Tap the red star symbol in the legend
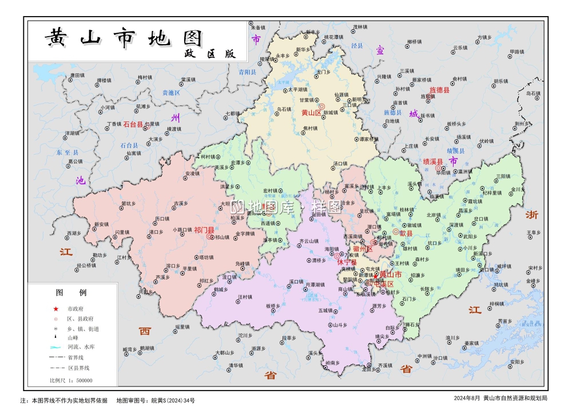tap(56, 308)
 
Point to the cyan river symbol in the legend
tap(56, 347)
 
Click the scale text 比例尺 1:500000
tap(71, 380)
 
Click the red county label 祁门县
tap(204, 230)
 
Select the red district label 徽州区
tap(362, 249)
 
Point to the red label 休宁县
tap(346, 262)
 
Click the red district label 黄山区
tap(311, 113)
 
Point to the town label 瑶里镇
tap(182, 326)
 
